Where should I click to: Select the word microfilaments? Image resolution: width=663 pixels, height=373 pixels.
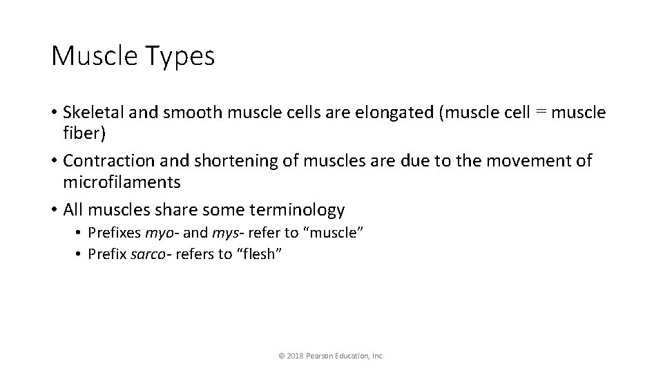[x=122, y=182]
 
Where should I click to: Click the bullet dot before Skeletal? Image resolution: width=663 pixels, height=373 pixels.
[x=54, y=113]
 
